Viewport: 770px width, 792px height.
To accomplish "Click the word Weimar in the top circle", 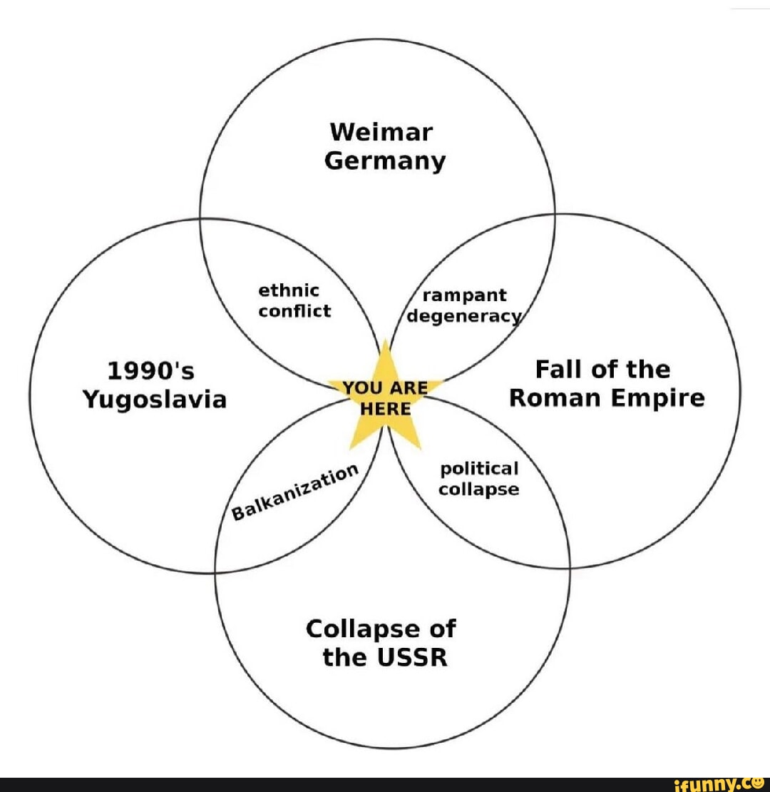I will pos(381,133).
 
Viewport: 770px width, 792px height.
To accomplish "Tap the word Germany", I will pos(385,161).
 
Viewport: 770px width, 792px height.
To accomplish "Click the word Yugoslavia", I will pos(155,400).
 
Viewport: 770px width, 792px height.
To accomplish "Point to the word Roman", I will pos(555,398).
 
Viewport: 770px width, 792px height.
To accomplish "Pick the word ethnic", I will pos(289,291).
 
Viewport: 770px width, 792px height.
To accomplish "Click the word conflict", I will pos(294,311).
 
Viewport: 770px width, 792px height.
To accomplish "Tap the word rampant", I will pos(465,295).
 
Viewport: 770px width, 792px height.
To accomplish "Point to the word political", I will pos(479,469).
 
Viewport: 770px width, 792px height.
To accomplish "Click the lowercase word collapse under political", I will pos(478,489).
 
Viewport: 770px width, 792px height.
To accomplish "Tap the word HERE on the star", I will pos(385,410).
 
